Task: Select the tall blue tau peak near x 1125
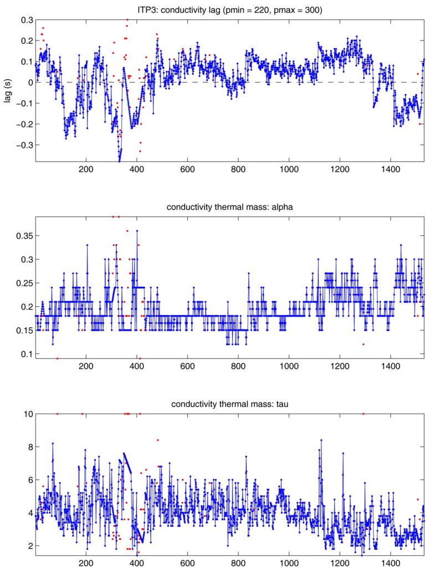tap(321, 440)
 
